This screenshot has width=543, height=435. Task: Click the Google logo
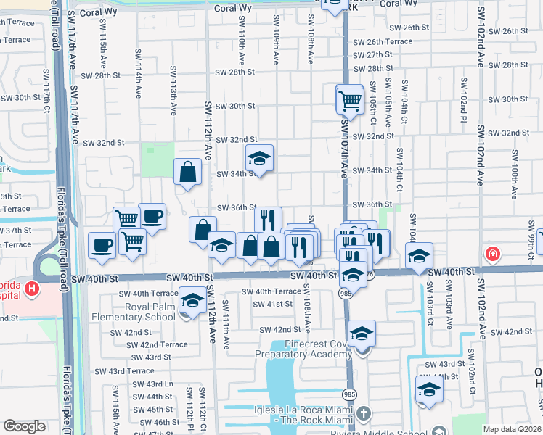pyautogui.click(x=24, y=426)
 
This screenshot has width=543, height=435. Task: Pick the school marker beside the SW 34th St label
pyautogui.click(x=259, y=157)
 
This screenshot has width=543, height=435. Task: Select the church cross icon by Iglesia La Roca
pyautogui.click(x=364, y=415)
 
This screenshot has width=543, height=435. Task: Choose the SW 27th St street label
pyautogui.click(x=375, y=55)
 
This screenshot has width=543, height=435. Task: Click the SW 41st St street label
pyautogui.click(x=272, y=304)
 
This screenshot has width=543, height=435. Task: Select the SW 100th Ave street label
pyautogui.click(x=515, y=175)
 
